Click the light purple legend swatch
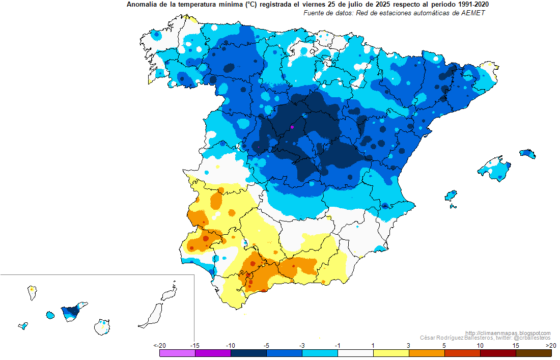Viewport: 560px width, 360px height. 177,353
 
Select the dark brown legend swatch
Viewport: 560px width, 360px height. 534,353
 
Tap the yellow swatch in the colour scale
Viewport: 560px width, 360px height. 391,353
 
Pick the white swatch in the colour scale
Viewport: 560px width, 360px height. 355,353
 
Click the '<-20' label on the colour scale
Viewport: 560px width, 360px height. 159,345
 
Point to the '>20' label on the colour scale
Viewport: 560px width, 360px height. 550,345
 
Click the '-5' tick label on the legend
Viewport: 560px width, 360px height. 266,345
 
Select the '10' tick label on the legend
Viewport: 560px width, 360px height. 480,345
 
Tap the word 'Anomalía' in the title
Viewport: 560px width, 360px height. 141,5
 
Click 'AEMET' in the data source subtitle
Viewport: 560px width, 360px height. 473,13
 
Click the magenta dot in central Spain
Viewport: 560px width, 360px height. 292,126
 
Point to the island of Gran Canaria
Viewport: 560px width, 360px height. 103,326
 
